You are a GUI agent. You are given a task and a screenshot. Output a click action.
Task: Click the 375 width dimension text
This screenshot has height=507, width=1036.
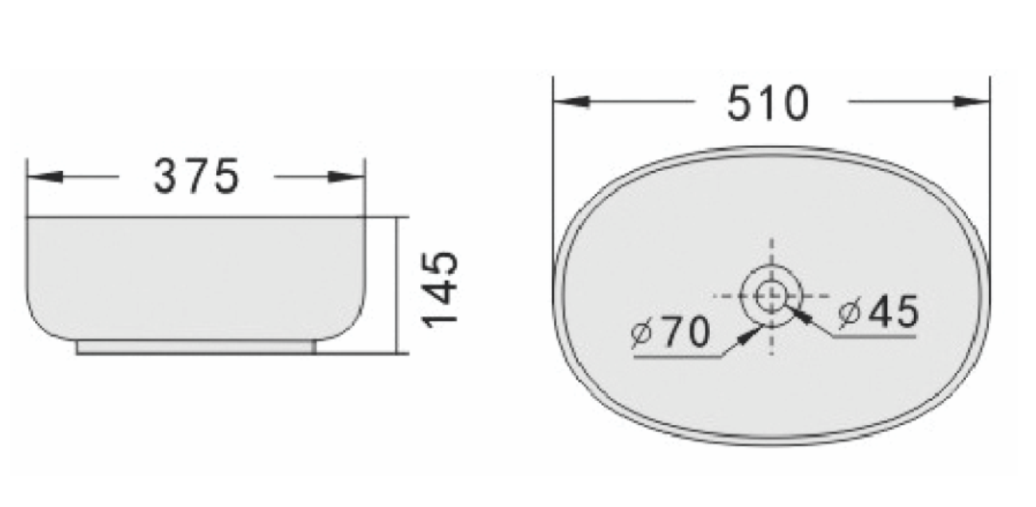pos(195,177)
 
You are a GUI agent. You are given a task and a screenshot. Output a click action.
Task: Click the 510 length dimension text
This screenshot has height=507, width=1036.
pos(767,104)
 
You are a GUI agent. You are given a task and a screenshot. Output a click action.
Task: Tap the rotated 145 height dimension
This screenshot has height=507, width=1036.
pos(441,288)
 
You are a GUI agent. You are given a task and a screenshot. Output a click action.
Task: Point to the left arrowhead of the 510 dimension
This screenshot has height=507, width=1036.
pos(571,102)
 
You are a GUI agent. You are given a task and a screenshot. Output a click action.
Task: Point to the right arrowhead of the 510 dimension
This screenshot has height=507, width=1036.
pos(972,102)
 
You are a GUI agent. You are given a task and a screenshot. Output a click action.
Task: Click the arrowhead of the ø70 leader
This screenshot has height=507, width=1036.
pos(748,336)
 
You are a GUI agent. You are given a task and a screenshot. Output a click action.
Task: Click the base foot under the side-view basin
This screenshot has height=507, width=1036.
pos(196,347)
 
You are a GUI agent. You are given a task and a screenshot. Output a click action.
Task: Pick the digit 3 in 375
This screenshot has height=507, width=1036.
pos(168,177)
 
